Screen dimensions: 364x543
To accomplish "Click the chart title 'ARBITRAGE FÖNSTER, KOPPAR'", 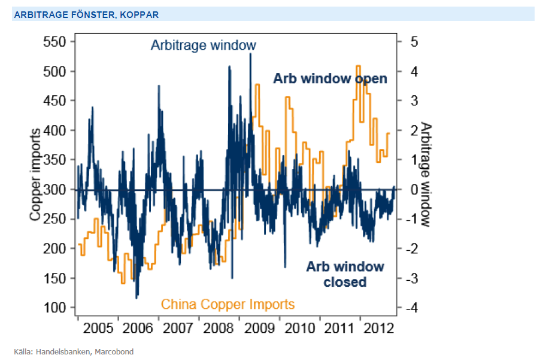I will pos(86,14).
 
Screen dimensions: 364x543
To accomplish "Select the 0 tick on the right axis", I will pos(414,190).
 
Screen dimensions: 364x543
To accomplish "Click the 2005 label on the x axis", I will pos(99,328).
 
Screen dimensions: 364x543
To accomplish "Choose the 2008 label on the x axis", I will pos(219,328).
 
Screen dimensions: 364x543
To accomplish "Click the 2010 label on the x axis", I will pos(299,328).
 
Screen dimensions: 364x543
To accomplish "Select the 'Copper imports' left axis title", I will pos(36,175).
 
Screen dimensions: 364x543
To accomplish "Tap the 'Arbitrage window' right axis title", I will pos(425,175).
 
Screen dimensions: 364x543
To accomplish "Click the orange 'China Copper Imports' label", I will pos(227,305).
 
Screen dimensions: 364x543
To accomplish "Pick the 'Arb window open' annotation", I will pos(330,79).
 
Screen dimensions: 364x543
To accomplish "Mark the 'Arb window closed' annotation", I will pos(345,274).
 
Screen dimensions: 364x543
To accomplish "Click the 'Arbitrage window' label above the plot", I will pos(203,45).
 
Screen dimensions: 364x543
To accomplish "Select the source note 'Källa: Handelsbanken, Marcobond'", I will pos(74,351).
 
